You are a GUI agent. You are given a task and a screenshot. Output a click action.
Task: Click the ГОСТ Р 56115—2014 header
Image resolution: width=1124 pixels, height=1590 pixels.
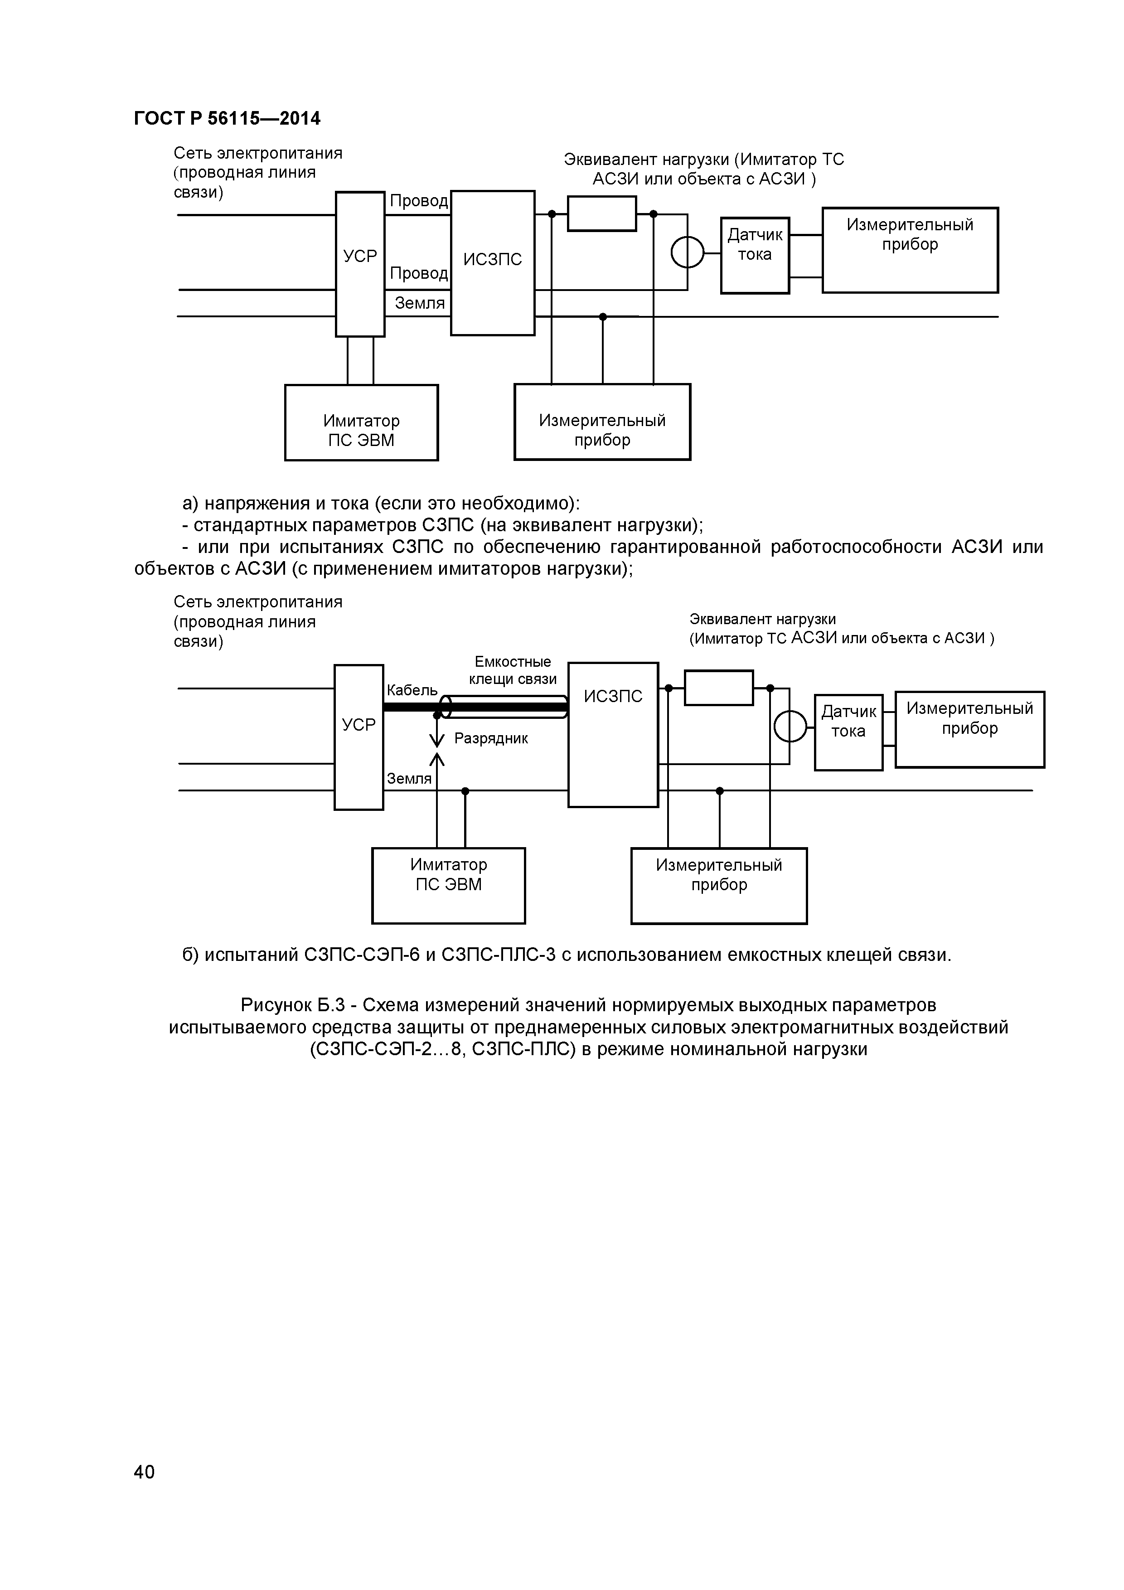coord(227,118)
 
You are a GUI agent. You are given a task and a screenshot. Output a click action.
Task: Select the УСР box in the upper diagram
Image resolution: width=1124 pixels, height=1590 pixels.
coord(360,264)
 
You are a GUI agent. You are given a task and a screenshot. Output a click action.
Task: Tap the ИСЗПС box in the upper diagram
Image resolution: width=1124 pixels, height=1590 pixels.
coord(492,263)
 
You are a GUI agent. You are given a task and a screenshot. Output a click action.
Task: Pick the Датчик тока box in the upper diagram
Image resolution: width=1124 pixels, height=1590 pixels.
coord(755,255)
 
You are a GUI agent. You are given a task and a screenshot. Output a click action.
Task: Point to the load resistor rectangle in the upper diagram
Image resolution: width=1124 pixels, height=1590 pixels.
coord(602,213)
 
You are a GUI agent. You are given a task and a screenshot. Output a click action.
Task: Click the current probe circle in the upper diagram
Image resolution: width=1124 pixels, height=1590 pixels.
coord(687,252)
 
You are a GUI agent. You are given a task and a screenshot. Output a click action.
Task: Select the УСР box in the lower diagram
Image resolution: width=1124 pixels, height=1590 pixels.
coord(359,737)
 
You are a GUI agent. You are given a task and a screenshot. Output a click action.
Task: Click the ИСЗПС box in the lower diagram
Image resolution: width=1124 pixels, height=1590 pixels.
coord(613,734)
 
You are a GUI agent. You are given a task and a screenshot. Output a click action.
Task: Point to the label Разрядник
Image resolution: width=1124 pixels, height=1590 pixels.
coord(491,738)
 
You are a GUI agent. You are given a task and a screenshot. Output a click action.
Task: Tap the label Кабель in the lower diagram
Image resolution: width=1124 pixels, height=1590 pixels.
coord(412,690)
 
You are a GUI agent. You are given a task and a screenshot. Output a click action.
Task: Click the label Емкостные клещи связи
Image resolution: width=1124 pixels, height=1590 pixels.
coord(513,669)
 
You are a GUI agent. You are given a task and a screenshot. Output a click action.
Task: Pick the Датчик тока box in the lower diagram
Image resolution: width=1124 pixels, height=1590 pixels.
coord(848,732)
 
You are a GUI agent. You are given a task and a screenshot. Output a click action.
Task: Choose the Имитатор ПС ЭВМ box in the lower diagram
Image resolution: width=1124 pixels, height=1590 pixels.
coord(448,885)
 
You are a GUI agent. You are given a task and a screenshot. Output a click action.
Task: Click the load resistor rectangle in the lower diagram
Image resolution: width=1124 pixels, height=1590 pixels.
coord(719,688)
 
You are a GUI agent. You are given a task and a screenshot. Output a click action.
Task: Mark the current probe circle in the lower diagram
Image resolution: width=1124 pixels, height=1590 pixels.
coord(790,727)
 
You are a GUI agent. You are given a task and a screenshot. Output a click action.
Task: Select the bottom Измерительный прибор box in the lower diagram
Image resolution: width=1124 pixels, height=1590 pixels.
coord(719,885)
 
